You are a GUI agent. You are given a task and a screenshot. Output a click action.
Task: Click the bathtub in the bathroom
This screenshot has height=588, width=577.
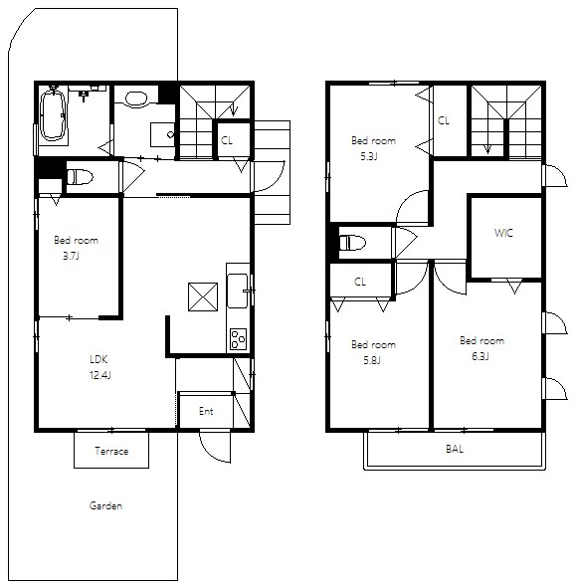point(53,115)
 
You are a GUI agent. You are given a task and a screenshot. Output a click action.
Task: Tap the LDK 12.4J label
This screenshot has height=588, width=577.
point(99,367)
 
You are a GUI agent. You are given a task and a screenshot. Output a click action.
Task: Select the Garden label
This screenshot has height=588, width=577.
point(105,505)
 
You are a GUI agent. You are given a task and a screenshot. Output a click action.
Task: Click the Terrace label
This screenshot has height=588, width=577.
point(111,451)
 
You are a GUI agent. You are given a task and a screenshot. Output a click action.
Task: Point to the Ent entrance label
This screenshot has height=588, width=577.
point(206,411)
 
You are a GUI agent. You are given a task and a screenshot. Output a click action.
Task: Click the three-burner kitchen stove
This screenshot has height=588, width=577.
point(238,338)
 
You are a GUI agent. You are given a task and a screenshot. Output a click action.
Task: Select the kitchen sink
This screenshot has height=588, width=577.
point(238,291)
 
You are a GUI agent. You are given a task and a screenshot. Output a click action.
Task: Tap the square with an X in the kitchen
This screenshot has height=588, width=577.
point(203,297)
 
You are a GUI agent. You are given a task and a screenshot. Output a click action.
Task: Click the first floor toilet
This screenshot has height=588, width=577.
point(80,177)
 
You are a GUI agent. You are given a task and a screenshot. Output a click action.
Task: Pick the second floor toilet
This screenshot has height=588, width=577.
point(352,242)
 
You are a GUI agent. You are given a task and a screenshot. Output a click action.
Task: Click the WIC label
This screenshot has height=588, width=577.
point(503,233)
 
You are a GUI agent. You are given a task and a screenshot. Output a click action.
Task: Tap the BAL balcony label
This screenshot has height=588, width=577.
point(455,449)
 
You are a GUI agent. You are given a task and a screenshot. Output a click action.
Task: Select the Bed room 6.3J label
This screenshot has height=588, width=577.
point(481,348)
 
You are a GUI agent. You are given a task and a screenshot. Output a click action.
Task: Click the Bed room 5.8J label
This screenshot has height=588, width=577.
point(373,352)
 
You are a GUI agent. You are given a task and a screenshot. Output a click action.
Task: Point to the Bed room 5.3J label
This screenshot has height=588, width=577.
point(373,148)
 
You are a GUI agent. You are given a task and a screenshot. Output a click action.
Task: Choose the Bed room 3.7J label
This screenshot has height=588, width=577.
point(77,248)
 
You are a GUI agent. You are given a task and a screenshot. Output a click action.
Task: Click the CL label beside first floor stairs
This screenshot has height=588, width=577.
point(227,140)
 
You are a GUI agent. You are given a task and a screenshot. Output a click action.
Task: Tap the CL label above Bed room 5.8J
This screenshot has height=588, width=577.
point(360,282)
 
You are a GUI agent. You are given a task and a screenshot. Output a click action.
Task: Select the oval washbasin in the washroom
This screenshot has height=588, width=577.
point(136,98)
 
